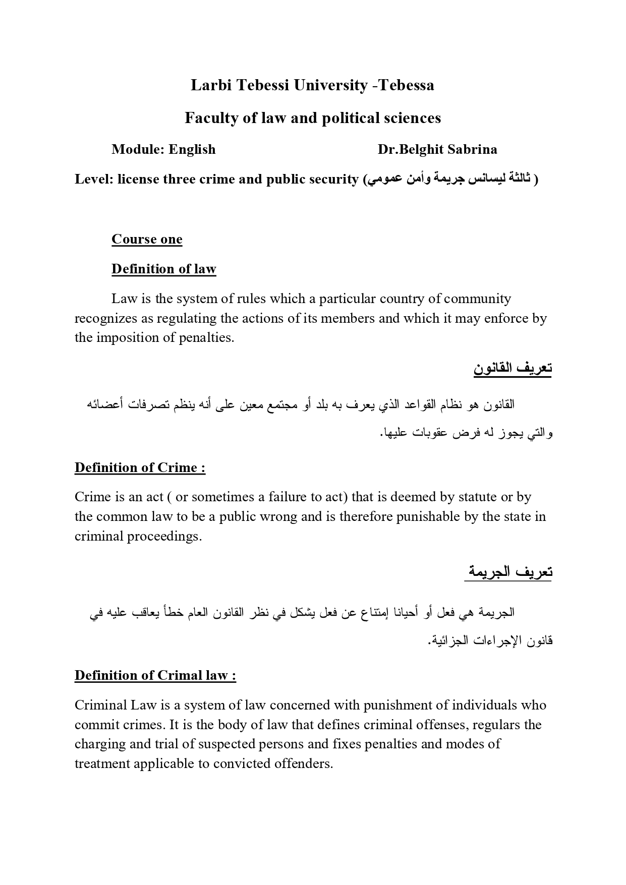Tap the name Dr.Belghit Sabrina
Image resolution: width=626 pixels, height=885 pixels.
437,149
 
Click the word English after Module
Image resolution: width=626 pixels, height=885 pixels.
192,149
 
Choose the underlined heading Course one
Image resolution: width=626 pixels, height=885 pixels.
147,239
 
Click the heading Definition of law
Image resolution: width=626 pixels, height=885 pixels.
164,269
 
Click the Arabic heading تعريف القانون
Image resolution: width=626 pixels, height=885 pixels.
513,368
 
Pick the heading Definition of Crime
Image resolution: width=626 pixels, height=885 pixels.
140,467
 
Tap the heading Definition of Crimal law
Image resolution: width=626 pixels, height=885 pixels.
155,675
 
